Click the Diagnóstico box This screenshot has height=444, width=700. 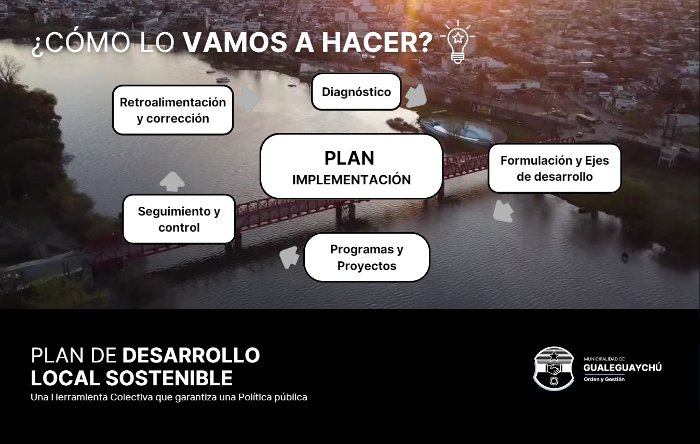pyautogui.click(x=356, y=91)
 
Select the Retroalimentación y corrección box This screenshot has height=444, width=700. pyautogui.click(x=173, y=110)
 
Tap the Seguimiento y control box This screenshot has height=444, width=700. pyautogui.click(x=179, y=219)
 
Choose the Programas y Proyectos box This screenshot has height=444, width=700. pyautogui.click(x=367, y=257)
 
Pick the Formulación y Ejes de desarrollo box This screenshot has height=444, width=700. pyautogui.click(x=555, y=168)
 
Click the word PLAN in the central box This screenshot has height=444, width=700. pyautogui.click(x=349, y=158)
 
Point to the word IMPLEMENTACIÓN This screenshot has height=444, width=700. pyautogui.click(x=351, y=179)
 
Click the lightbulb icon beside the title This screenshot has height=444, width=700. pyautogui.click(x=458, y=42)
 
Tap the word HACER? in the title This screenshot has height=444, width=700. pyautogui.click(x=377, y=43)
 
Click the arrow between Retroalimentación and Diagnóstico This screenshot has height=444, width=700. pyautogui.click(x=248, y=99)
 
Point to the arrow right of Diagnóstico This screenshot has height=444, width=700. pyautogui.click(x=416, y=96)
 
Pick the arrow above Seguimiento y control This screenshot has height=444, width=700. pyautogui.click(x=172, y=182)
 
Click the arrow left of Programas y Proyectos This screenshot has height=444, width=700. pyautogui.click(x=289, y=258)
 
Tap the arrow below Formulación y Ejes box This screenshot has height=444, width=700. pyautogui.click(x=503, y=211)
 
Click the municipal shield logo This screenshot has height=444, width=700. pyautogui.click(x=554, y=368)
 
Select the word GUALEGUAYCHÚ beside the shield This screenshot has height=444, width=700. pyautogui.click(x=623, y=368)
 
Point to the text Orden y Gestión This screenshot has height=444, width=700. pyautogui.click(x=604, y=379)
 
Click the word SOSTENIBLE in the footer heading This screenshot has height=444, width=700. pyautogui.click(x=169, y=378)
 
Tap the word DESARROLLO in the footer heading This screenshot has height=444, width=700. pyautogui.click(x=191, y=355)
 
